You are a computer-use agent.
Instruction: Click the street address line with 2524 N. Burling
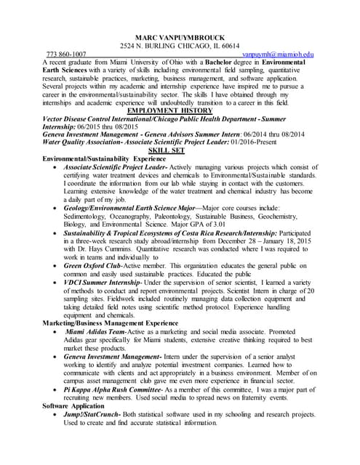point(179,46)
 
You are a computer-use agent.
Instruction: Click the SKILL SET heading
point(179,150)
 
